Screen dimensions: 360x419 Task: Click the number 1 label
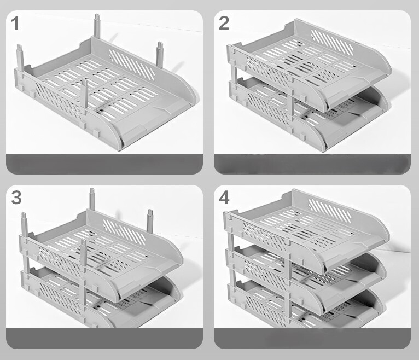tap(15, 24)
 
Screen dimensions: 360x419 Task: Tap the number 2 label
tap(224, 23)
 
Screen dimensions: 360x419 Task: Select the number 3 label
tap(16, 198)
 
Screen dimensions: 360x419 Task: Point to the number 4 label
tap(224, 197)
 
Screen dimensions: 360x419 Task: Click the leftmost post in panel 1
tap(20, 57)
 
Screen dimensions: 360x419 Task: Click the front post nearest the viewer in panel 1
tap(85, 98)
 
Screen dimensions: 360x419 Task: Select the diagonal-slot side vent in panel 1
tap(132, 63)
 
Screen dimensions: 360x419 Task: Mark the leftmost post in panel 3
tap(24, 225)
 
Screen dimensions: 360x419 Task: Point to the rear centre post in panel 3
tap(92, 199)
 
